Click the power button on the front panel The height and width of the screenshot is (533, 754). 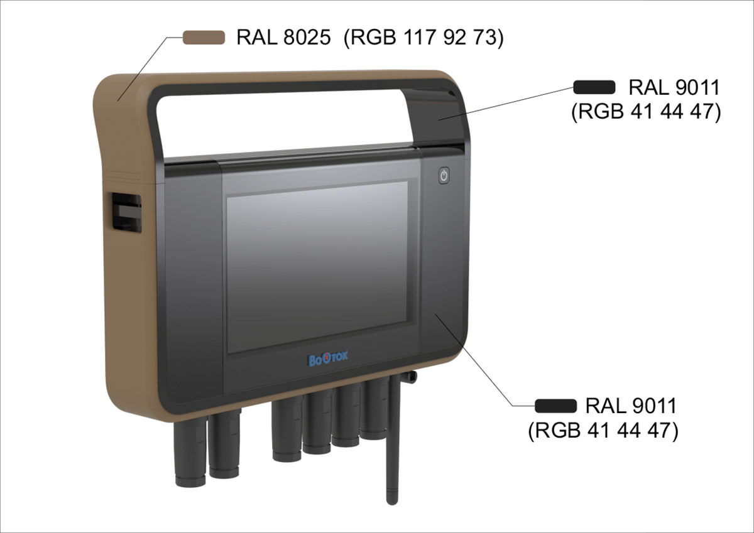(444, 175)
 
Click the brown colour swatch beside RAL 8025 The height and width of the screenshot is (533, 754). (204, 38)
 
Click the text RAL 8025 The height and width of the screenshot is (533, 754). (283, 38)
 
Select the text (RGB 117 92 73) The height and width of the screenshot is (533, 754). (424, 38)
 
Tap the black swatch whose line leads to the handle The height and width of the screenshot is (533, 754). (594, 87)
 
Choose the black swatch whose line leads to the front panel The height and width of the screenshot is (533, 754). (555, 405)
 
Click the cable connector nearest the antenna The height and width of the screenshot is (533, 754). (377, 411)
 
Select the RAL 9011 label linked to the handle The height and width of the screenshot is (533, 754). (674, 88)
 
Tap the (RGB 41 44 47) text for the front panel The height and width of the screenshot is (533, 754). (603, 431)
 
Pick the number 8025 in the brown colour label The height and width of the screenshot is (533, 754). (306, 38)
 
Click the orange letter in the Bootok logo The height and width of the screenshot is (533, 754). (328, 360)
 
